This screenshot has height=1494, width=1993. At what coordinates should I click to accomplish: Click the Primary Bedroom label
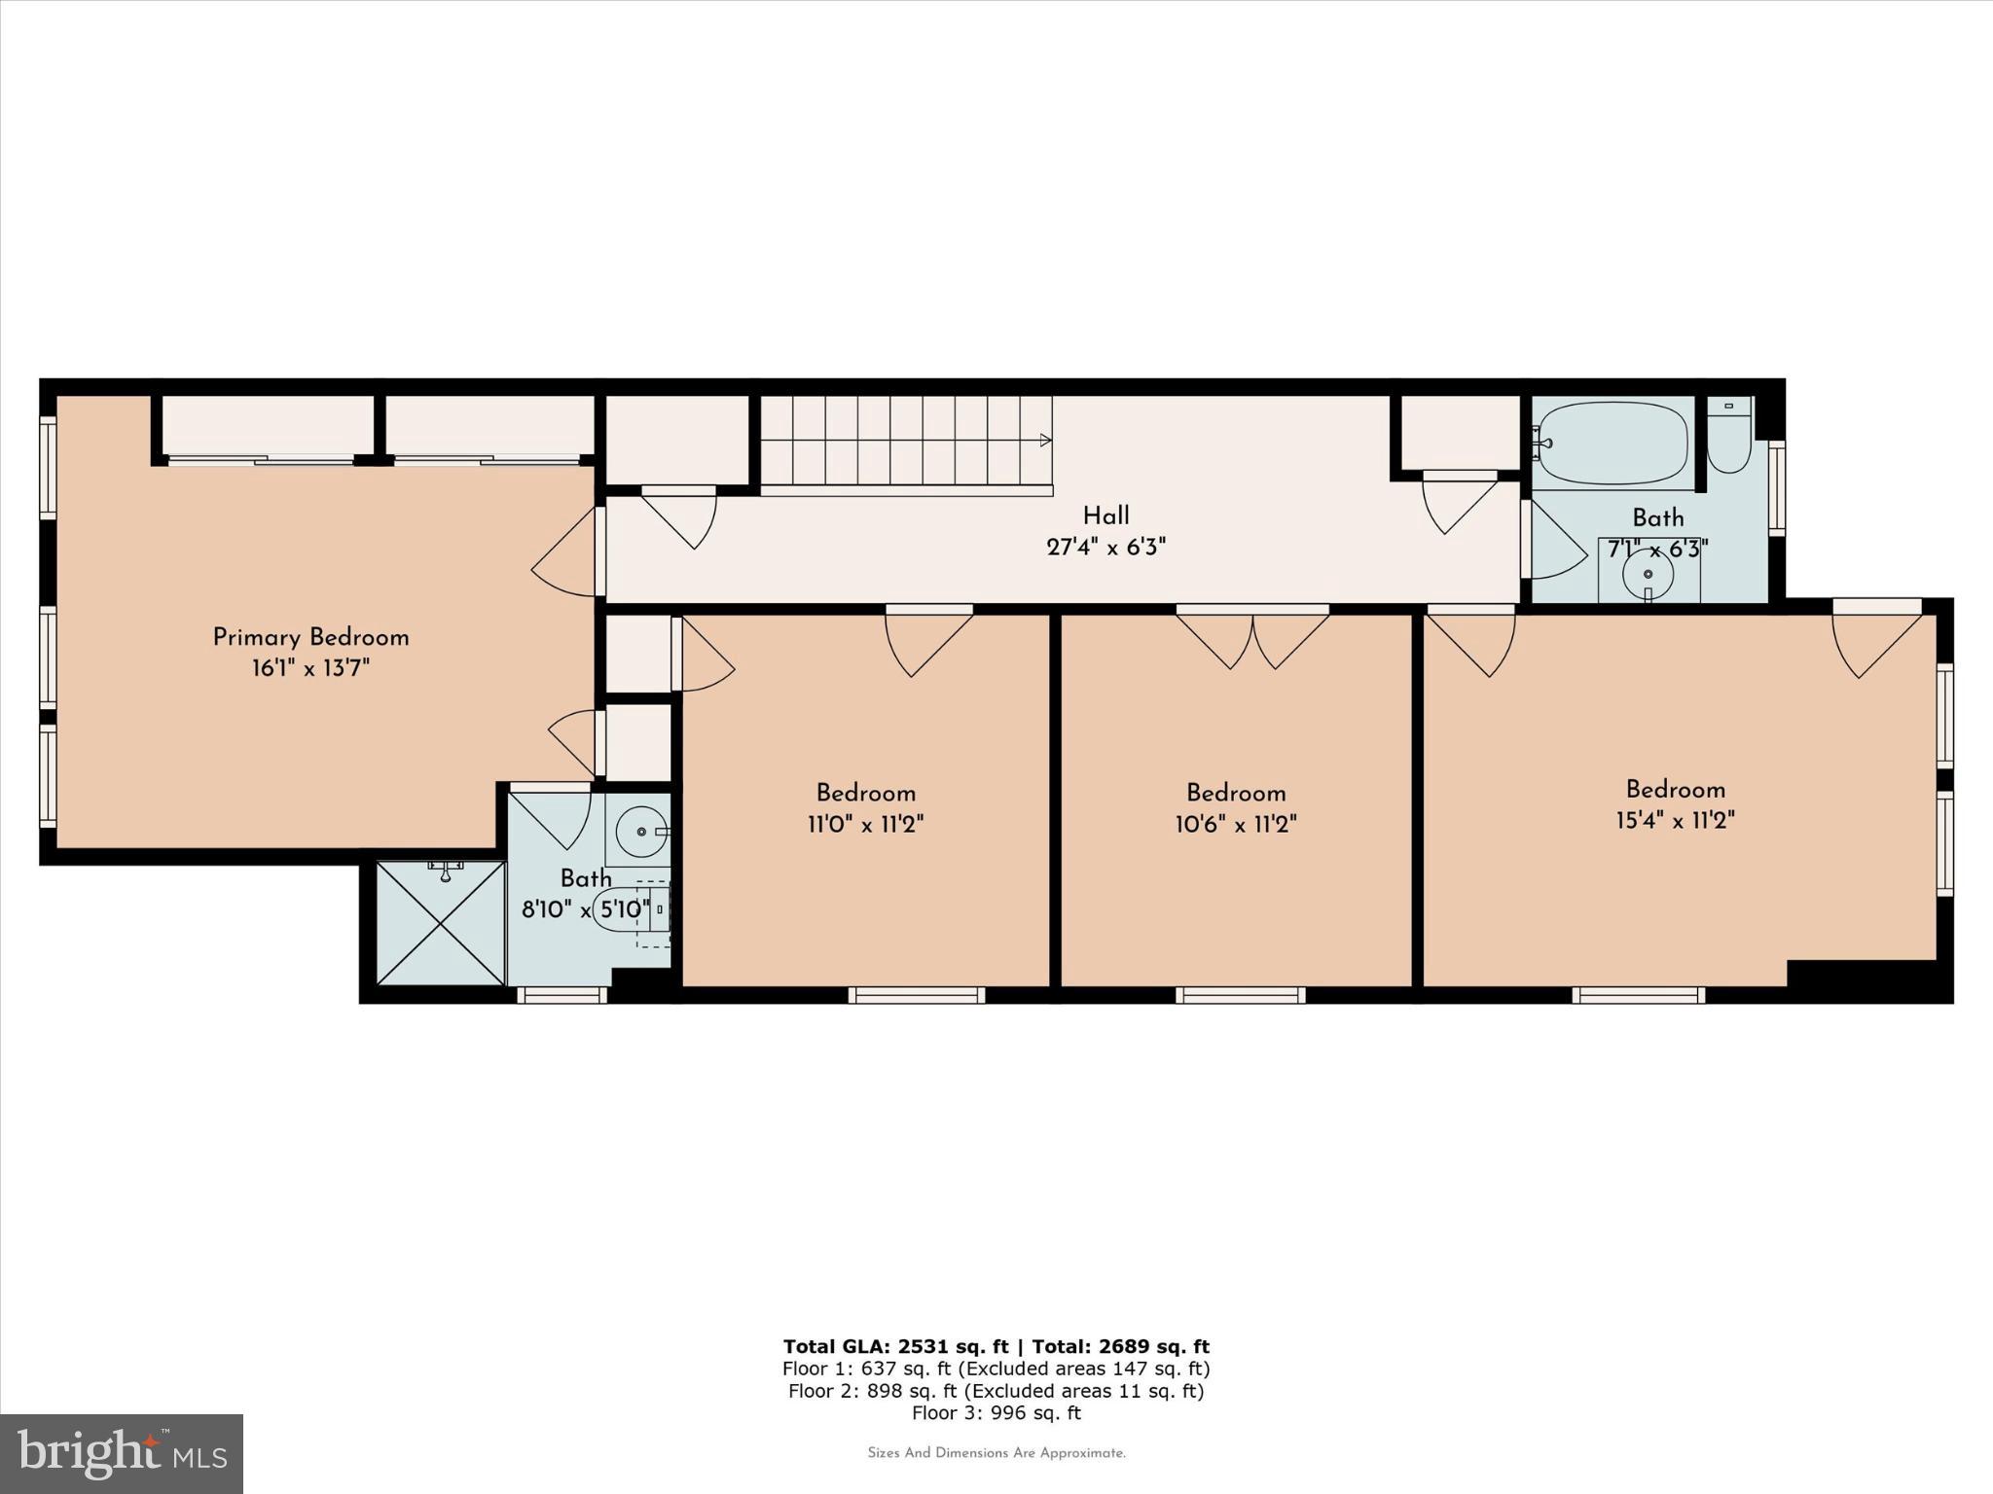pyautogui.click(x=310, y=638)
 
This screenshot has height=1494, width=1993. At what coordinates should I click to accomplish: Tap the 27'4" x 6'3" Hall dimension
pyautogui.click(x=1105, y=547)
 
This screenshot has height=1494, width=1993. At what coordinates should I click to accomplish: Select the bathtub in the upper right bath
pyautogui.click(x=1613, y=444)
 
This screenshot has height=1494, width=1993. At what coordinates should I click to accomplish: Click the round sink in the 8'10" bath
pyautogui.click(x=640, y=832)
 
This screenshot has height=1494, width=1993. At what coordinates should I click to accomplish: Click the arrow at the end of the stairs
pyautogui.click(x=1046, y=441)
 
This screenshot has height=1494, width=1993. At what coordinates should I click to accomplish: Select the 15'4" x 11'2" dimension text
pyautogui.click(x=1675, y=820)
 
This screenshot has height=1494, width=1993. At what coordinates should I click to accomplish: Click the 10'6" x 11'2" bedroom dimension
pyautogui.click(x=1235, y=825)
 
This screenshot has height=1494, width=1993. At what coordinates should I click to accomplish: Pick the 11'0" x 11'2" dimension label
pyautogui.click(x=865, y=825)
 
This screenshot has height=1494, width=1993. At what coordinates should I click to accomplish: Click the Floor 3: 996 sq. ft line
pyautogui.click(x=996, y=1413)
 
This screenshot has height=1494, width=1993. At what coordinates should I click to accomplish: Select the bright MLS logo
pyautogui.click(x=122, y=1453)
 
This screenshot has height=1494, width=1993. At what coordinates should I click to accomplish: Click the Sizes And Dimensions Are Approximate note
pyautogui.click(x=996, y=1453)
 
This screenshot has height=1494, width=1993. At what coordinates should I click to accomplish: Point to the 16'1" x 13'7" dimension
pyautogui.click(x=310, y=668)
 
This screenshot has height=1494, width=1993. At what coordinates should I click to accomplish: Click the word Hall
pyautogui.click(x=1105, y=516)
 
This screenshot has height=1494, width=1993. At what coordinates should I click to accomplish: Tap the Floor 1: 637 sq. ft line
pyautogui.click(x=996, y=1369)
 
